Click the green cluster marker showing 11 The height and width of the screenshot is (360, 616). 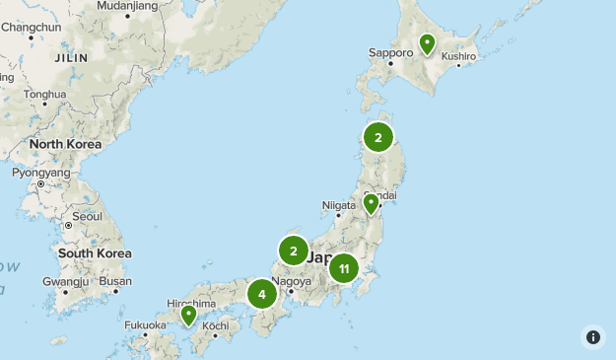[x=343, y=267]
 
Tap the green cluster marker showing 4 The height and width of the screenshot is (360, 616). [x=262, y=293]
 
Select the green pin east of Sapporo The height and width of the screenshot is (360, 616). [x=427, y=44]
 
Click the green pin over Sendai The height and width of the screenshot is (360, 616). [x=371, y=203]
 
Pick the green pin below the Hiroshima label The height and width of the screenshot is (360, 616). [x=188, y=316]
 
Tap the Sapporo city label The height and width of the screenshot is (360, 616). [x=389, y=52]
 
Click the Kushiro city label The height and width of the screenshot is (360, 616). [x=458, y=56]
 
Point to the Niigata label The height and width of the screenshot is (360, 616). [x=337, y=206]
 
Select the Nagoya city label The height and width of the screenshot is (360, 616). [x=291, y=281]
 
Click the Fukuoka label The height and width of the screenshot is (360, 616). [x=145, y=324]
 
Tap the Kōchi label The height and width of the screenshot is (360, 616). [x=215, y=325]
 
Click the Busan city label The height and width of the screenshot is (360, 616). [x=115, y=281]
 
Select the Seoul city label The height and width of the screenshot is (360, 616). [x=87, y=216]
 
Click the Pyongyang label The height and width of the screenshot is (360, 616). [x=41, y=173]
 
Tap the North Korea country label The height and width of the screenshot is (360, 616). [x=65, y=144]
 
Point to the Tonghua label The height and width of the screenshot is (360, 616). [x=45, y=95]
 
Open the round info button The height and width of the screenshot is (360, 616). [x=593, y=337]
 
